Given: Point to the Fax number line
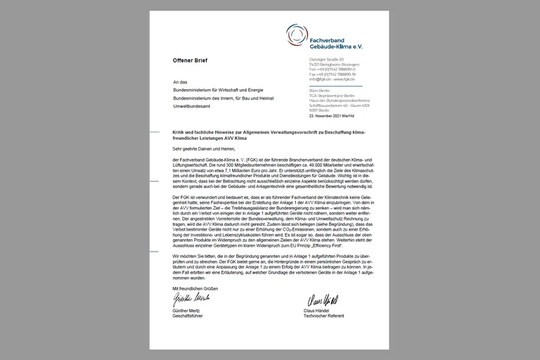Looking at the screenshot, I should point(333,74).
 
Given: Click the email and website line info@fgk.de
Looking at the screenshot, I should point(333,79).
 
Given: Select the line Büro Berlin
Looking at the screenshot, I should point(320,90).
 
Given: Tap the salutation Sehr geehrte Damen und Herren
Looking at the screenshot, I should point(203,149).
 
